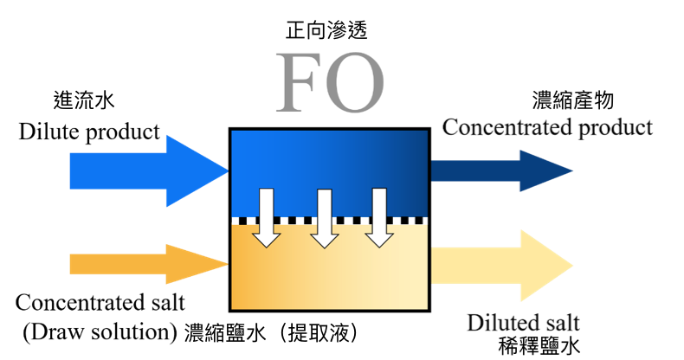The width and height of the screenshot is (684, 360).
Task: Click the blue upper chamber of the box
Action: coord(329,156)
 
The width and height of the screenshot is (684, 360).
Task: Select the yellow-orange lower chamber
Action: coord(329,277)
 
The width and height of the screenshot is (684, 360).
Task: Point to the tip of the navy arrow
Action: coord(571,170)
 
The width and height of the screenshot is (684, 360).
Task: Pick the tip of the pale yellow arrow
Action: coord(571,266)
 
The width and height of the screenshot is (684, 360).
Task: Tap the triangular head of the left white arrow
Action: coord(267,239)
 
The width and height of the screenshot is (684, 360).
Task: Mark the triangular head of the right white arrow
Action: coord(379,239)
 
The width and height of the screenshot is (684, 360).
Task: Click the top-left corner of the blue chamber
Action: coord(233,132)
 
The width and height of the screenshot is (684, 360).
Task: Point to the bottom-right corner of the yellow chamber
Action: coord(426,307)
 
